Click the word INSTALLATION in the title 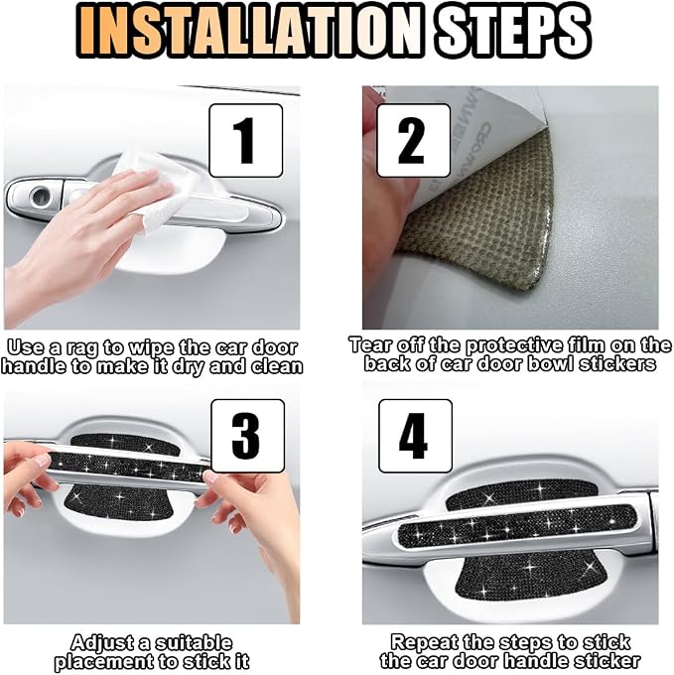249,30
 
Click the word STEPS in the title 511,30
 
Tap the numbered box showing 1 246,140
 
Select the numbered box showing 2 413,140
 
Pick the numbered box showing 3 247,436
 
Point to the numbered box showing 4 415,436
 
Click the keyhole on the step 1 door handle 42,197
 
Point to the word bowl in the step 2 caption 551,363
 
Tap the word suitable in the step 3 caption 194,642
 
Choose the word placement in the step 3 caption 108,661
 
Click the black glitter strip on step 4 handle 517,524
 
